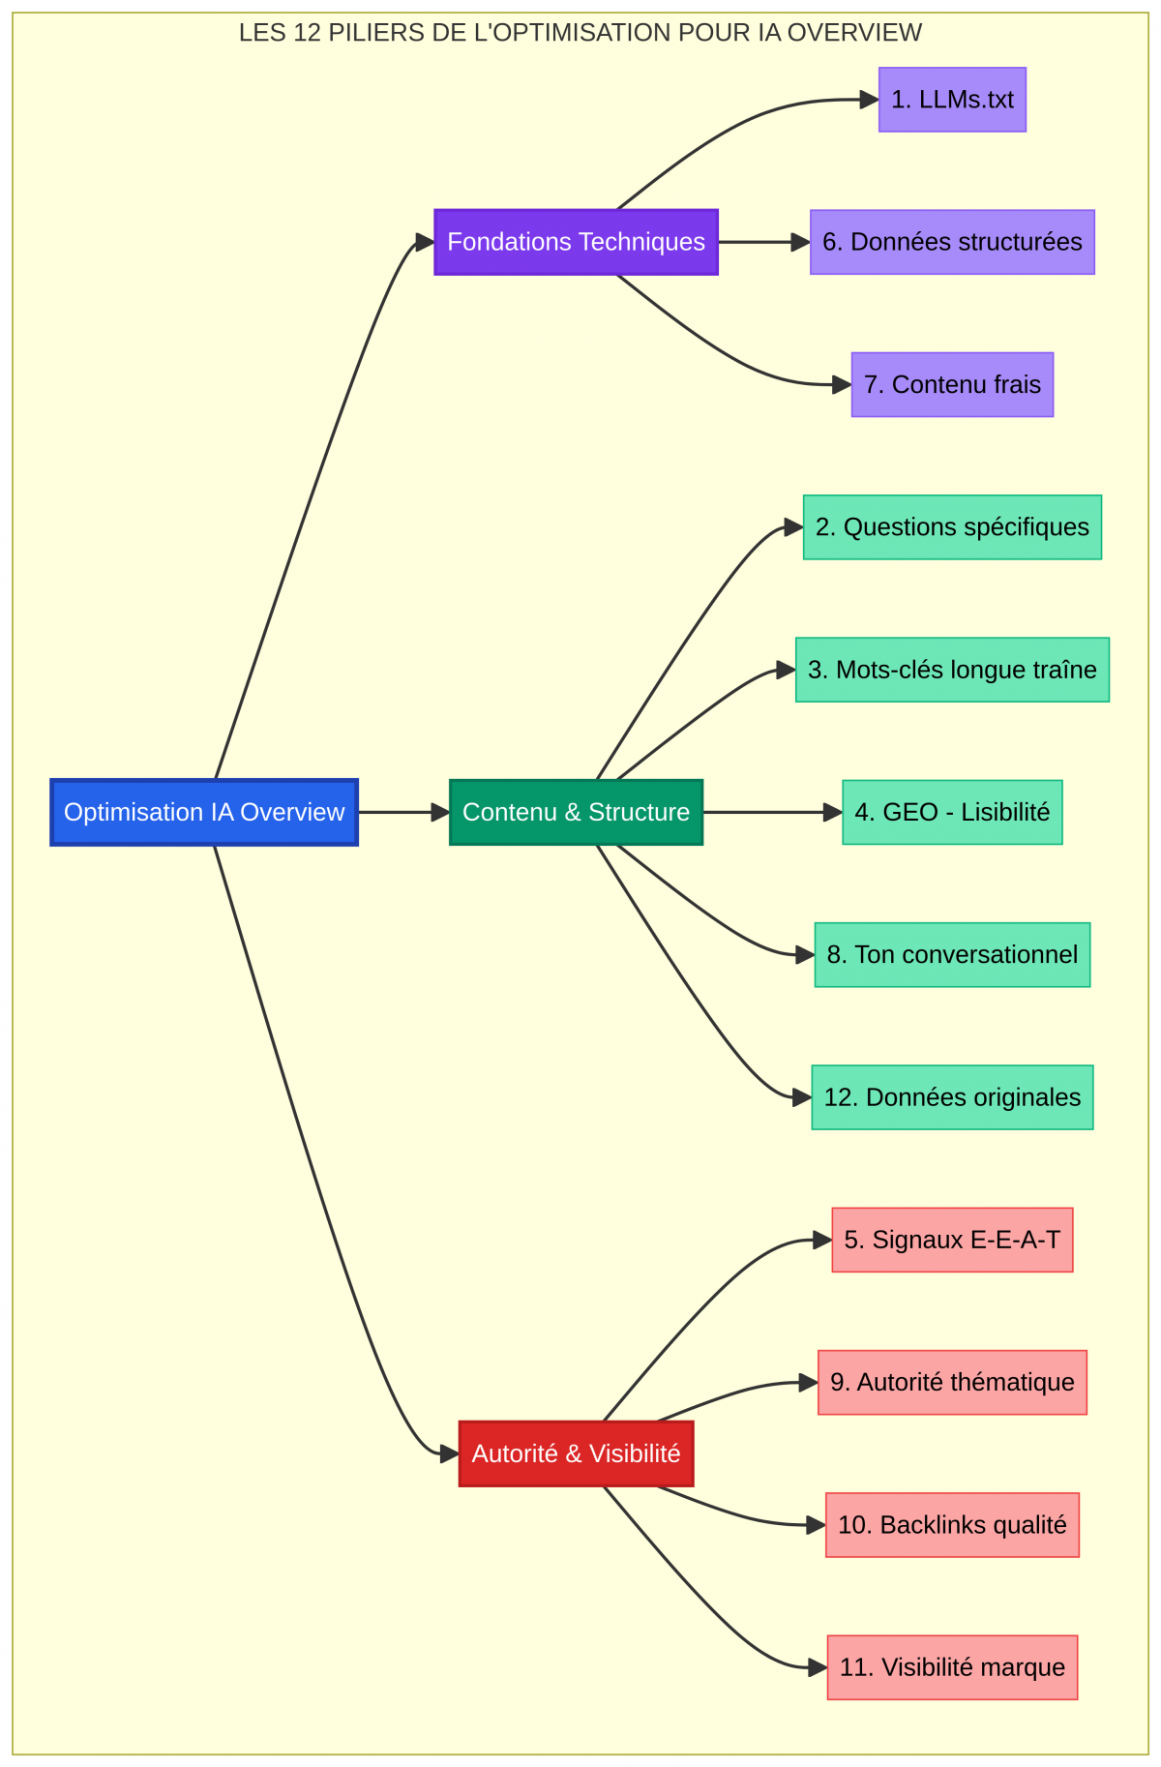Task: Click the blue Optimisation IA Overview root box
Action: click(x=204, y=812)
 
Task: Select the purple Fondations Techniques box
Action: click(x=576, y=242)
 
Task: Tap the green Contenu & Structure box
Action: click(x=576, y=812)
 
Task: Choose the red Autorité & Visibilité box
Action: click(x=576, y=1453)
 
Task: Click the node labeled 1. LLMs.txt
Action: click(x=952, y=100)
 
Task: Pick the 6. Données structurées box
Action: click(x=952, y=242)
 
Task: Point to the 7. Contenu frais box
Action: click(x=952, y=384)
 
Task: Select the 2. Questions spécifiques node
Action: click(x=952, y=527)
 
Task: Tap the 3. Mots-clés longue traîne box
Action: click(x=952, y=670)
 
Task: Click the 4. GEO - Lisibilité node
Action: click(x=952, y=812)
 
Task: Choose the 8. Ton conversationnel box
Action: click(x=952, y=955)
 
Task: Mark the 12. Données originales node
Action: click(x=952, y=1097)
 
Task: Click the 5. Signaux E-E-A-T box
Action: click(x=952, y=1240)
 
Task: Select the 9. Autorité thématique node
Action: click(x=952, y=1382)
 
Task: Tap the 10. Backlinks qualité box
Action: click(x=952, y=1525)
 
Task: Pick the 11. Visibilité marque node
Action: click(x=952, y=1667)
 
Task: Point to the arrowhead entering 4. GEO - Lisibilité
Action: click(x=832, y=812)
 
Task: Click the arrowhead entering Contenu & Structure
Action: click(x=440, y=812)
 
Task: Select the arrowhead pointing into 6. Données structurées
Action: click(x=800, y=242)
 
